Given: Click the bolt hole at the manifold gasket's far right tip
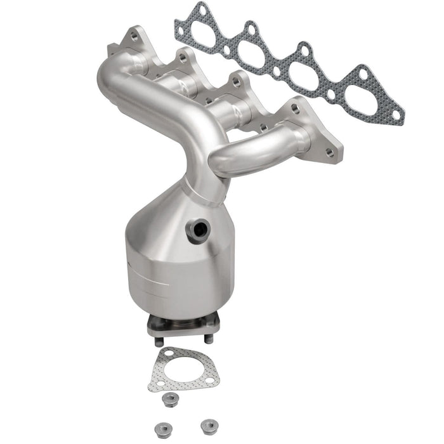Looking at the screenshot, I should [396, 115].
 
